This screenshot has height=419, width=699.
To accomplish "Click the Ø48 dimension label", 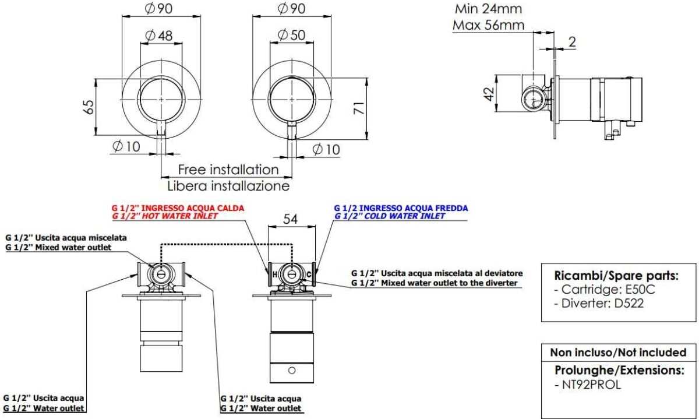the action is point(159,36).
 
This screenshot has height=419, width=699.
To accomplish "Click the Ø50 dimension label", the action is point(291,35).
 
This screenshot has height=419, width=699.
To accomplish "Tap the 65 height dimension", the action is point(89,107).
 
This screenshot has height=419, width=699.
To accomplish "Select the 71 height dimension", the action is point(359,108).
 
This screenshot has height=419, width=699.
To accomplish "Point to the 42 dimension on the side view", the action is point(489,94).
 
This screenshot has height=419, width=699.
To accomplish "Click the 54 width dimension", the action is point(290,219).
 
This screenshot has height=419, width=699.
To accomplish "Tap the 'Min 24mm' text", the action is point(488,9).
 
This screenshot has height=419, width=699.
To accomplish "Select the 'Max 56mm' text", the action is point(488,25).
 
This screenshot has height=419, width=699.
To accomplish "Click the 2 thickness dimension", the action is point(572,42).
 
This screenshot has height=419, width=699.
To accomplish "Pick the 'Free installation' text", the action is point(228,170).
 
